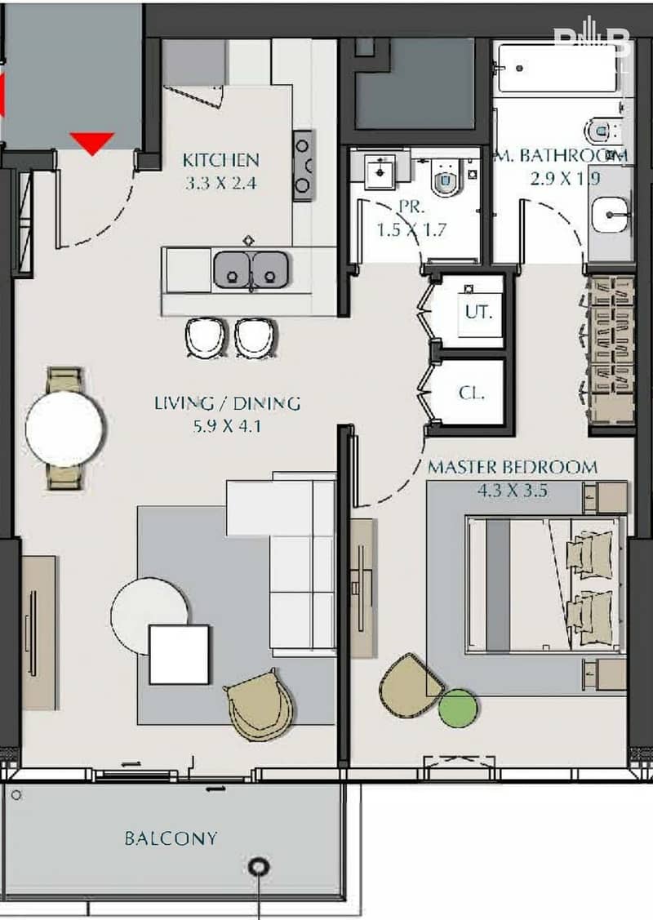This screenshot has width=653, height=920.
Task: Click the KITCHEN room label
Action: [220, 160]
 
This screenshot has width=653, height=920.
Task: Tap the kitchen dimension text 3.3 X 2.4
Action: [221, 184]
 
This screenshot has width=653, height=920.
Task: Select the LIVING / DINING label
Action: [228, 403]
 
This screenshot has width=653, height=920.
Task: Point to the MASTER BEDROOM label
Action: [512, 467]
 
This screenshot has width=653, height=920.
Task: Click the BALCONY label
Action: [171, 838]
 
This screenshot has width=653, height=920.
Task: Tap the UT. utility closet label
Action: [479, 312]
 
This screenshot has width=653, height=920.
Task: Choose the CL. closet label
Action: [472, 393]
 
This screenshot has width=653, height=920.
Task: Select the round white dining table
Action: [64, 429]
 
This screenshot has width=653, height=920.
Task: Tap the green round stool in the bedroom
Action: [458, 709]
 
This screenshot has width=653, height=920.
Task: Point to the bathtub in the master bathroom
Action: [556, 68]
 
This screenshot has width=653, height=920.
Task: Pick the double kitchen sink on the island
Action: [251, 270]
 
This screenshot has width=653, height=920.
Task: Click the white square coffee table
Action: [179, 655]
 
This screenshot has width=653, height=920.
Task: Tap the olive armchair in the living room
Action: [260, 704]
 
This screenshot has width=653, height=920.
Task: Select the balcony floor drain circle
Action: [259, 867]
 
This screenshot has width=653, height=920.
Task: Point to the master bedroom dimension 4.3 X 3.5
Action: [512, 491]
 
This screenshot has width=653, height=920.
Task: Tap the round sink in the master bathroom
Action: [610, 215]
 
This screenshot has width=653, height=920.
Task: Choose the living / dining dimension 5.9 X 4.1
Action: [227, 427]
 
